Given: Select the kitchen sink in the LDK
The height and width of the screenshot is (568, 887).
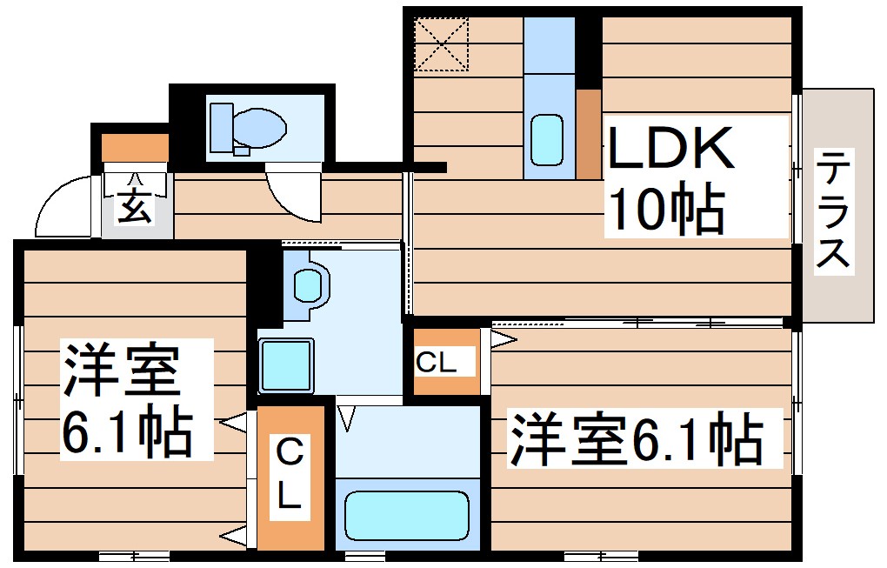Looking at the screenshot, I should [548, 139].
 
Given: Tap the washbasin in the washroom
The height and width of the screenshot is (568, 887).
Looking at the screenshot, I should [308, 284].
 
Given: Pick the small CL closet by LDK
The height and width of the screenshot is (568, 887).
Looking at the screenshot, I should [445, 362].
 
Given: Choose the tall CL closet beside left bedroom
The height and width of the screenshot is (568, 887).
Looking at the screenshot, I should [290, 476].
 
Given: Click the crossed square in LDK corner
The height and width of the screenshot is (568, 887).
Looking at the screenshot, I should [441, 43].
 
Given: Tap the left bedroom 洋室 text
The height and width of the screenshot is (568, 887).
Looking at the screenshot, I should [121, 370].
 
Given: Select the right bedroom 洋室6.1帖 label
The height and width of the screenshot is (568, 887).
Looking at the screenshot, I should [636, 438].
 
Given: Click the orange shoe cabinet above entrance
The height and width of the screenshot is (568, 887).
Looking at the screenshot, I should [135, 148].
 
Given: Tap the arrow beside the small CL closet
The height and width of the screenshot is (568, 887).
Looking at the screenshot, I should [504, 339].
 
